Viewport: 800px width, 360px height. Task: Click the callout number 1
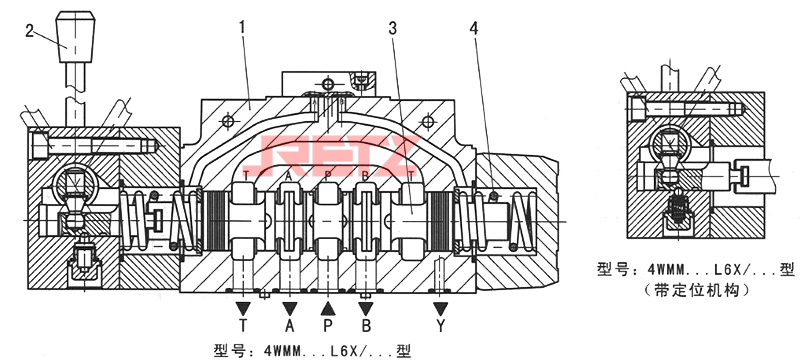click(x=242, y=28)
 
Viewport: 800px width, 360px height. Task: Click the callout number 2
click(x=30, y=32)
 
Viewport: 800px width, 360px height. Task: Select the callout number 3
click(x=392, y=29)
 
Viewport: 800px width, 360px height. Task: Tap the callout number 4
click(x=474, y=29)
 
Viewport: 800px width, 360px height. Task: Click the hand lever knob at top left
click(x=75, y=37)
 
